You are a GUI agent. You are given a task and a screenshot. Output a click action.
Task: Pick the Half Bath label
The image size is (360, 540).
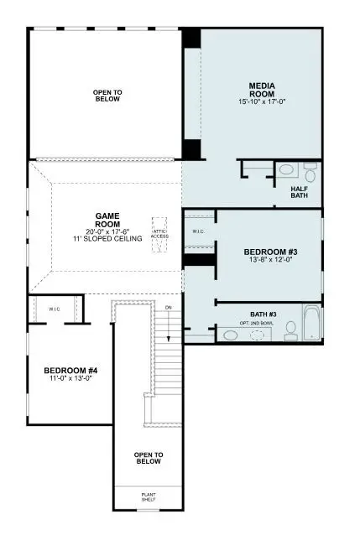(302, 193)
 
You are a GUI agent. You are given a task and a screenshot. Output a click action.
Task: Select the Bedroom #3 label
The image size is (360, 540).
(269, 252)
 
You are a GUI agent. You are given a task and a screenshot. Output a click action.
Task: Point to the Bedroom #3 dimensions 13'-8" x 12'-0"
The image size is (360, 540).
(269, 260)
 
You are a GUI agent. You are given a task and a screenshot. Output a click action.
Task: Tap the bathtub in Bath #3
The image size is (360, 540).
(312, 324)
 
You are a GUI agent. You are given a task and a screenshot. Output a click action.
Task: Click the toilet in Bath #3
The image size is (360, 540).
(291, 334)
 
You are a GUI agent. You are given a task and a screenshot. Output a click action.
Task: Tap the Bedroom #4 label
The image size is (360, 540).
(70, 370)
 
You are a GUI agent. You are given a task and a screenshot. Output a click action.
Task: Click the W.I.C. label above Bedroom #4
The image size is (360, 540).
(54, 309)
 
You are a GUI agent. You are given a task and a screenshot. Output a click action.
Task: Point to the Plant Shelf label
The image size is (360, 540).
(148, 497)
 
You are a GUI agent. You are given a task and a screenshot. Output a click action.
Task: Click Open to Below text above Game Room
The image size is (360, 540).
(107, 95)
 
